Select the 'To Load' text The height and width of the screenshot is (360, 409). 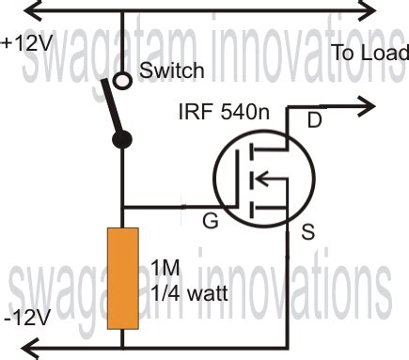point(370,55)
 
